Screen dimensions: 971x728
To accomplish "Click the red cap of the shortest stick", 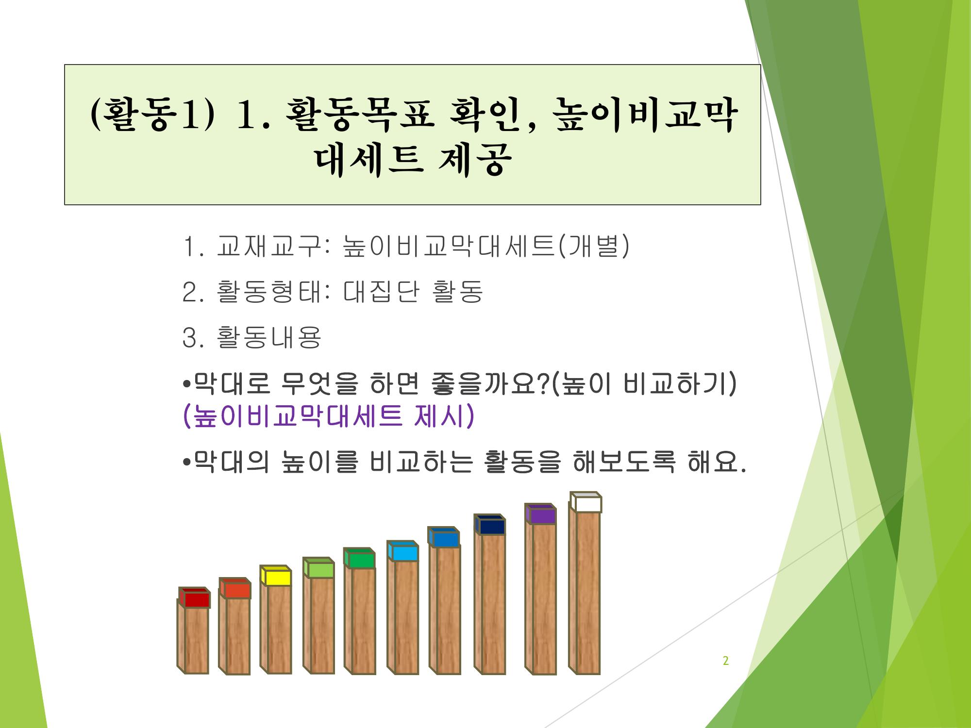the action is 195,597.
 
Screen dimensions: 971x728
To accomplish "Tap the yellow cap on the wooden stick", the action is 276,576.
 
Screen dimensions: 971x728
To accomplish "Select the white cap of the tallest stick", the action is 586,502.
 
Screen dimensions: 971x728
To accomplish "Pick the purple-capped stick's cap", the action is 541,513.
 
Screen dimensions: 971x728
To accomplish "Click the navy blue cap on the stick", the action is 490,525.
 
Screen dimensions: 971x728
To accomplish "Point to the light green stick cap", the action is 318,568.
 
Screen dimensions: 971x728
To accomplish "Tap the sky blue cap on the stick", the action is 403,551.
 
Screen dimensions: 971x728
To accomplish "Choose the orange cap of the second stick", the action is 235,588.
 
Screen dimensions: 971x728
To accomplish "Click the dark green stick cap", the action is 360,558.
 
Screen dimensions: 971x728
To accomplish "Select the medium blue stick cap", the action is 444,537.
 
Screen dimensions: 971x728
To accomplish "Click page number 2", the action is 726,661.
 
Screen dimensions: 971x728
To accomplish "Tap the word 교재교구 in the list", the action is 268,246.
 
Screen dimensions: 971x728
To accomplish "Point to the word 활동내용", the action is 268,337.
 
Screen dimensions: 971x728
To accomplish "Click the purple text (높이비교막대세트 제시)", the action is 327,416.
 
